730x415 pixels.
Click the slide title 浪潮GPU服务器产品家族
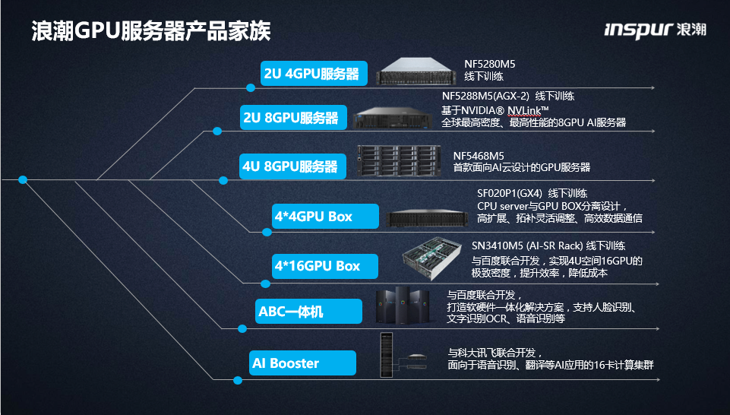[x=150, y=32]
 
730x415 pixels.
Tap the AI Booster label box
[x=302, y=363]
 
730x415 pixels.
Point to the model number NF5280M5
[x=490, y=64]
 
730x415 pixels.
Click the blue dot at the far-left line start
[x=23, y=180]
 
